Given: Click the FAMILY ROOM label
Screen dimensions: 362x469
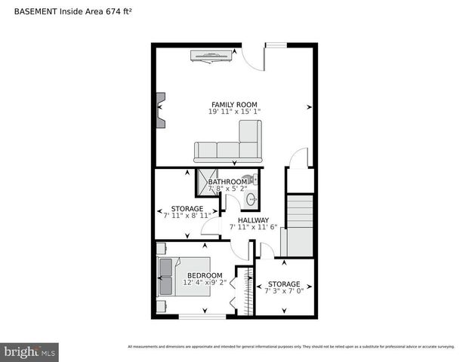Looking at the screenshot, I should pyautogui.click(x=234, y=105).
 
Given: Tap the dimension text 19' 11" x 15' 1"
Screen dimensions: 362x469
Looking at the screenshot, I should pyautogui.click(x=234, y=112).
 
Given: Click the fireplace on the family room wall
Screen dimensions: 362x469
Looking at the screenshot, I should pyautogui.click(x=160, y=111).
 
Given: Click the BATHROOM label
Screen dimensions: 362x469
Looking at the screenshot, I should pyautogui.click(x=227, y=182).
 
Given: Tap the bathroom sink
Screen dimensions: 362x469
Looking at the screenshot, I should pyautogui.click(x=251, y=200).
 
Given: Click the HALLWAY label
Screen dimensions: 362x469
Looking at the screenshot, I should pyautogui.click(x=254, y=220).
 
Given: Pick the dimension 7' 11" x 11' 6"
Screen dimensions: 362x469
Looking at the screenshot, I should pyautogui.click(x=254, y=227).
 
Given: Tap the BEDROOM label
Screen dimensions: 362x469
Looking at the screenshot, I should pyautogui.click(x=205, y=275).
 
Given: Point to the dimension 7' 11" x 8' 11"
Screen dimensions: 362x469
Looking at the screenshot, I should pyautogui.click(x=187, y=216).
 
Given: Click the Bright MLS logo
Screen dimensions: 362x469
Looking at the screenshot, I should pyautogui.click(x=30, y=352).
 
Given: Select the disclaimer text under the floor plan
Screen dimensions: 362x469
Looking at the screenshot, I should pyautogui.click(x=291, y=347).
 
